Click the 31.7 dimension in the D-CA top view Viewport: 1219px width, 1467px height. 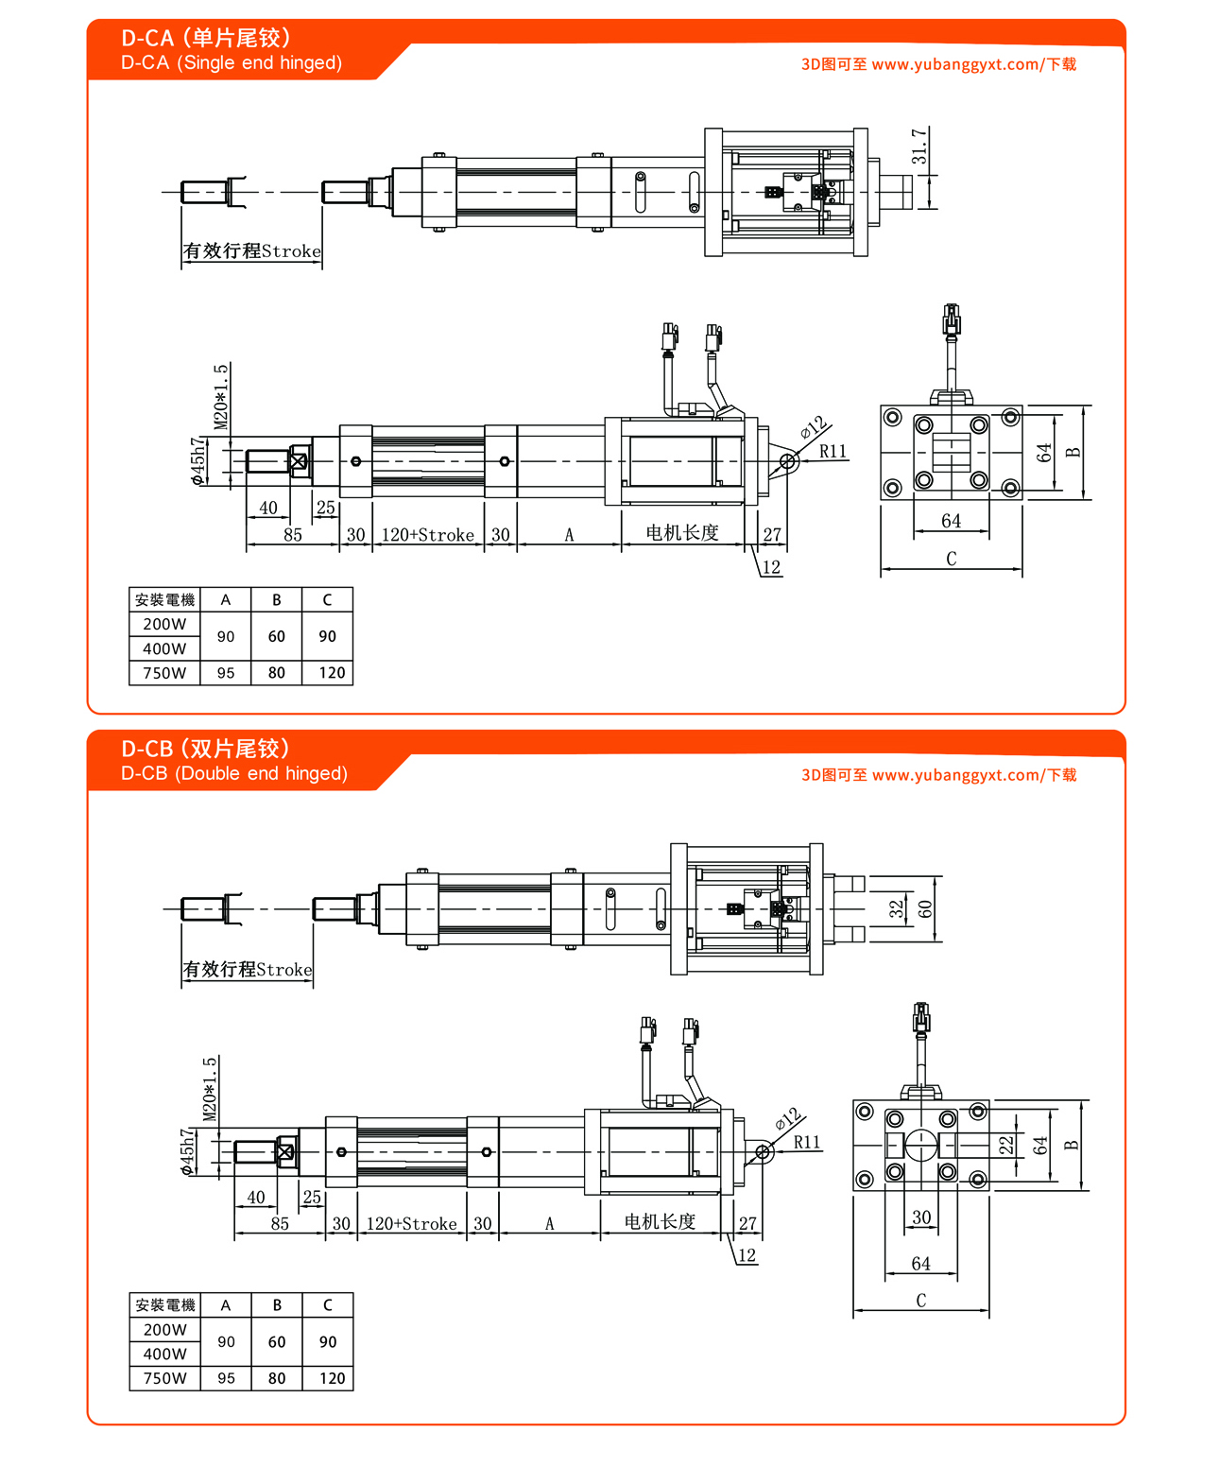[919, 147]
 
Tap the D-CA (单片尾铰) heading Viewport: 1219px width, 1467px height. [206, 38]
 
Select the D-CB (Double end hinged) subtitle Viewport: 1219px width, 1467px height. [234, 773]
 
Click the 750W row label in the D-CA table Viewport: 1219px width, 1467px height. [164, 673]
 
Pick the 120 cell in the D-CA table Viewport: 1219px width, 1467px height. [332, 673]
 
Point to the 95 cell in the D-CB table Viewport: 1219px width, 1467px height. [226, 1378]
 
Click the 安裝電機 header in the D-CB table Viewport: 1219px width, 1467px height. [164, 1305]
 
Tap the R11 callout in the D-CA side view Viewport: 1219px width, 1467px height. [833, 452]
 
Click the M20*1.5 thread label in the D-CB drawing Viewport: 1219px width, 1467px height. [210, 1089]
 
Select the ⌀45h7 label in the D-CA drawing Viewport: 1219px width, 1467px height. [197, 460]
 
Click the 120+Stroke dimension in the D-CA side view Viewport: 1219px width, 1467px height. [427, 535]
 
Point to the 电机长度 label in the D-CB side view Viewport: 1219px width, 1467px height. [660, 1221]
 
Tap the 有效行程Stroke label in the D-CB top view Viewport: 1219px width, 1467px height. [248, 970]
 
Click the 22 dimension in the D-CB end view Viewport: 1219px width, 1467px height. [1006, 1145]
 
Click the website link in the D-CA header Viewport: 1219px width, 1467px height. [938, 64]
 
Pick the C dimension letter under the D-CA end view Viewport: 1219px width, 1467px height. [951, 559]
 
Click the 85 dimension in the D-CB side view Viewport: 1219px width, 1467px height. [280, 1223]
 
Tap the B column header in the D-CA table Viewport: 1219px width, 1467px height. [277, 599]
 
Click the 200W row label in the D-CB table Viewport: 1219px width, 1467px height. [164, 1329]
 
